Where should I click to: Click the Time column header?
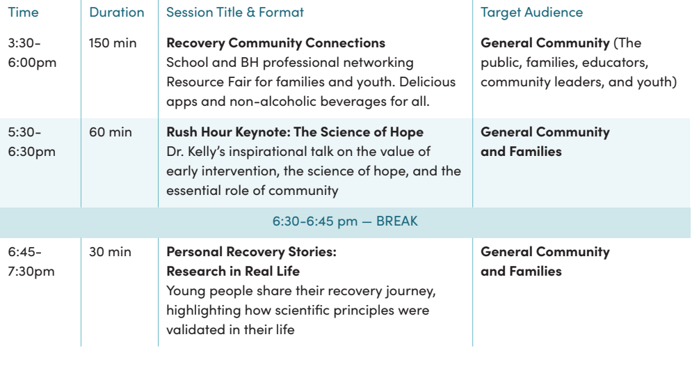pyautogui.click(x=23, y=12)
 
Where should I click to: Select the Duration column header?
pyautogui.click(x=117, y=12)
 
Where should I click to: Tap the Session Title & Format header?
pyautogui.click(x=235, y=12)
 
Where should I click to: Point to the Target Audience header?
pyautogui.click(x=531, y=13)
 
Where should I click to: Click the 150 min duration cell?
pyautogui.click(x=113, y=43)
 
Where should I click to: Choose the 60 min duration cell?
pyautogui.click(x=111, y=132)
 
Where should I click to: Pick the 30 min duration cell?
pyautogui.click(x=110, y=251)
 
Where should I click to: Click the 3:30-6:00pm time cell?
pyautogui.click(x=32, y=53)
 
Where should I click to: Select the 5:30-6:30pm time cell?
pyautogui.click(x=32, y=142)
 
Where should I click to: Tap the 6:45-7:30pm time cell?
pyautogui.click(x=31, y=262)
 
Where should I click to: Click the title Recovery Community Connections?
pyautogui.click(x=275, y=43)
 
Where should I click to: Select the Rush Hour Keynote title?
pyautogui.click(x=295, y=132)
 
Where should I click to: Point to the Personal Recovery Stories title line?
pyautogui.click(x=251, y=251)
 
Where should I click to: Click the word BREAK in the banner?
pyautogui.click(x=397, y=221)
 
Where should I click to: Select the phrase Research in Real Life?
pyautogui.click(x=233, y=272)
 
